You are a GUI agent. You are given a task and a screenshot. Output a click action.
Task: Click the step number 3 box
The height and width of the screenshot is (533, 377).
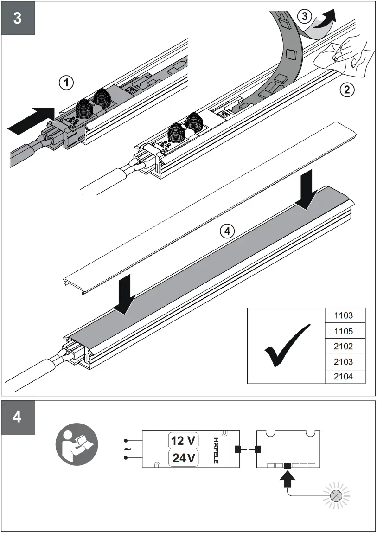pyautogui.click(x=18, y=19)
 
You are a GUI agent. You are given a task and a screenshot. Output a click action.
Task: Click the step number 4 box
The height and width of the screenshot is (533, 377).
pyautogui.click(x=18, y=417)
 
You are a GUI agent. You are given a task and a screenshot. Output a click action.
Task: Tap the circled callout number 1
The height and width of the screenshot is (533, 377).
pyautogui.click(x=66, y=83)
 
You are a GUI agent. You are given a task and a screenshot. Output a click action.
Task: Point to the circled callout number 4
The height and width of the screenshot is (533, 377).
pyautogui.click(x=227, y=231)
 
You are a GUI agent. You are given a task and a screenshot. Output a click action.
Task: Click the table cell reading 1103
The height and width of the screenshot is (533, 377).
pyautogui.click(x=344, y=315)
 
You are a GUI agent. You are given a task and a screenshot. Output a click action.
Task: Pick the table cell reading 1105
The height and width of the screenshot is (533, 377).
pyautogui.click(x=344, y=331)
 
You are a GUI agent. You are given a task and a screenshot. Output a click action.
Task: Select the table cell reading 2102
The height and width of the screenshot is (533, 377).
pyautogui.click(x=344, y=347)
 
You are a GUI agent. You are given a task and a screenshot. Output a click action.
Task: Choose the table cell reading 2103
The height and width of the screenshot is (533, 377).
pyautogui.click(x=344, y=362)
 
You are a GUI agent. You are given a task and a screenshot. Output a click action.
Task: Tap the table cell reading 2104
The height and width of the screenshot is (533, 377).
pyautogui.click(x=344, y=377)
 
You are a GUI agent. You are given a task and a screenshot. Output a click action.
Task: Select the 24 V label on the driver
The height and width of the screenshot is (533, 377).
pyautogui.click(x=183, y=458)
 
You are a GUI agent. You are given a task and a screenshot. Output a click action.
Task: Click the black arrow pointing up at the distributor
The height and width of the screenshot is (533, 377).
pyautogui.click(x=288, y=479)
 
